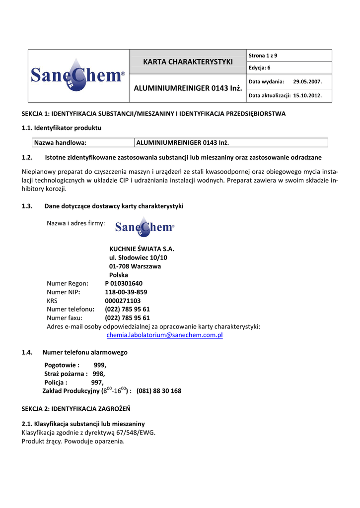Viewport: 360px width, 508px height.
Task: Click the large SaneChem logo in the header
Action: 78,75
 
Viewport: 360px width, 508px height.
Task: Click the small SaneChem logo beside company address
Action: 144,227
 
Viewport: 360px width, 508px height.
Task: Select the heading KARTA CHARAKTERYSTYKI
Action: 188,62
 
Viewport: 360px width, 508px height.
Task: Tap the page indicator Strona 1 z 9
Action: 263,55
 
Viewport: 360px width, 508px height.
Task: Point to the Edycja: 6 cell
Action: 259,67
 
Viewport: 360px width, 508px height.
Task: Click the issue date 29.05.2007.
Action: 307,81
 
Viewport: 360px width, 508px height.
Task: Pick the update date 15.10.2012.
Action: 307,95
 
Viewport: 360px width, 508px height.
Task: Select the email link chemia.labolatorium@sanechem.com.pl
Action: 165,335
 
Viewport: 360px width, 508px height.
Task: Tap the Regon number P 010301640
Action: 124,283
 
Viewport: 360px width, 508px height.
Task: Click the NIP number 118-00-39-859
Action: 126,292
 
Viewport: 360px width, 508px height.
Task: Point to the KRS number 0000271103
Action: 123,301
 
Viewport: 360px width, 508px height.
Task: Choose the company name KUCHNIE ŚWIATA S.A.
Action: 142,249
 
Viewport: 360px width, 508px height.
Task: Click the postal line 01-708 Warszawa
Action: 135,266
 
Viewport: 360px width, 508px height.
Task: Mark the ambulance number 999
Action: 99,365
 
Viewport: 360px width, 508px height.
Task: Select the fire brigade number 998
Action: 98,374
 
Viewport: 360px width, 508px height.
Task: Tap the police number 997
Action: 97,382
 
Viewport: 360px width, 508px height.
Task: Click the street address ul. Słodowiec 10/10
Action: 138,258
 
